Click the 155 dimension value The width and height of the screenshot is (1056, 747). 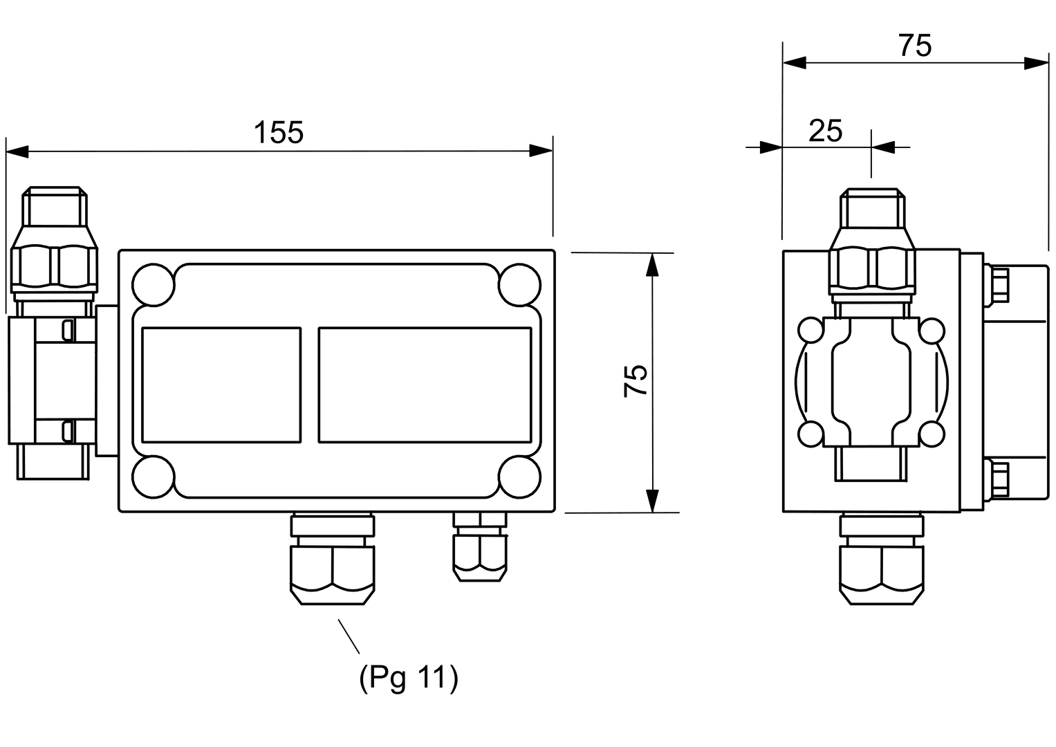pyautogui.click(x=279, y=132)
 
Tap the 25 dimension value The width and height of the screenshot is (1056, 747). pyautogui.click(x=826, y=131)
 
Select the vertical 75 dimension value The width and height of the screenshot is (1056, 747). pyautogui.click(x=636, y=380)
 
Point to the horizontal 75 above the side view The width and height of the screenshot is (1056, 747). pyautogui.click(x=915, y=46)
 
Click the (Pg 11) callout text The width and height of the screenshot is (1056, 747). pyautogui.click(x=408, y=678)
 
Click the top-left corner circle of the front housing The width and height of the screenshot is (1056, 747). pyautogui.click(x=154, y=285)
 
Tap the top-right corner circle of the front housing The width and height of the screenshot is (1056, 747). pyautogui.click(x=519, y=285)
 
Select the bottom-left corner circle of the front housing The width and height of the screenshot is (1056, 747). pyautogui.click(x=154, y=477)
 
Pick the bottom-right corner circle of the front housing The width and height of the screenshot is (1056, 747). pyautogui.click(x=519, y=477)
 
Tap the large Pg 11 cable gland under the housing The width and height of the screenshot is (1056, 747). pyautogui.click(x=333, y=559)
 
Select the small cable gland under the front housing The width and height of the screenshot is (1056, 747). pyautogui.click(x=480, y=547)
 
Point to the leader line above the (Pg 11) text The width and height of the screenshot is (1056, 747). pyautogui.click(x=349, y=636)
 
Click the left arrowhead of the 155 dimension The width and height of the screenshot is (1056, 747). pyautogui.click(x=17, y=151)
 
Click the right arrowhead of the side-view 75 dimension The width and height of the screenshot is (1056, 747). pyautogui.click(x=1036, y=63)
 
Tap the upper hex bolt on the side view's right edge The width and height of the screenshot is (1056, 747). pyautogui.click(x=997, y=285)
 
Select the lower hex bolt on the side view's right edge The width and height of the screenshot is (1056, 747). pyautogui.click(x=997, y=479)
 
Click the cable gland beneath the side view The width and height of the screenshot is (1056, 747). pyautogui.click(x=882, y=560)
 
